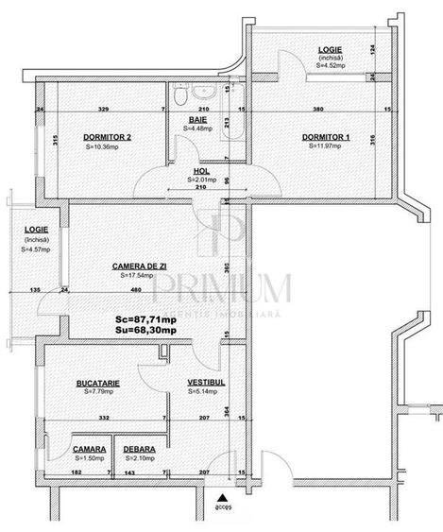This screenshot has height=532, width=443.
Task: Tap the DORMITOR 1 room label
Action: pos(326,137)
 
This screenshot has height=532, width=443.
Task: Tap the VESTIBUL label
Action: pos(203,383)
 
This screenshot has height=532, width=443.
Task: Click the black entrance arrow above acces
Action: pos(223,496)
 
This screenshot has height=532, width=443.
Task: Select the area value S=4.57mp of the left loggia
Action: pos(35,249)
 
